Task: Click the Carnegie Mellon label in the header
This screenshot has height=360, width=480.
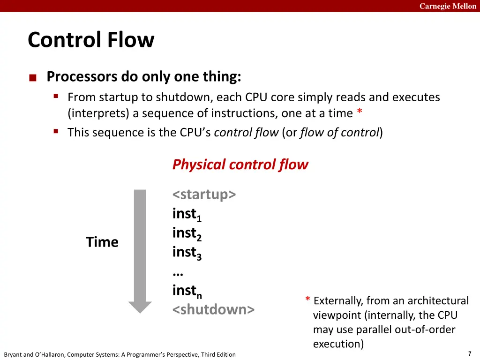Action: point(448,6)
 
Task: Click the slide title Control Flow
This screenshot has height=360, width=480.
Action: point(91,40)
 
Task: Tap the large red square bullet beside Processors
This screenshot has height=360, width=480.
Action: point(33,78)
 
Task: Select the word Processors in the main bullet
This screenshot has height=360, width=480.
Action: point(82,76)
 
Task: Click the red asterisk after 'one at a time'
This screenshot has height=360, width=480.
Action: point(360,111)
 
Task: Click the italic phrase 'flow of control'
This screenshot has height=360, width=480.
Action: point(340,133)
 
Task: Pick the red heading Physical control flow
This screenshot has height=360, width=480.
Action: point(240,165)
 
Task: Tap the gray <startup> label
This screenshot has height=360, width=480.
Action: point(204,195)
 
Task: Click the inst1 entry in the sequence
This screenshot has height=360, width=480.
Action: point(187,214)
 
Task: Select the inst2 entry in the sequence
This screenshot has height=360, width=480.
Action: point(187,233)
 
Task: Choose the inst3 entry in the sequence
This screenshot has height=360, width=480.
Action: point(187,253)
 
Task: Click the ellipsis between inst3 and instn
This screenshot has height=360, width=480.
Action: point(178,274)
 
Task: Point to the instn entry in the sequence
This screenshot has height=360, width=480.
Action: point(187,291)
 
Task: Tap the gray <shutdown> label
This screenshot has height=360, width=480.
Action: point(213,309)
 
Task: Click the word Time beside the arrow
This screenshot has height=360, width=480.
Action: point(102,242)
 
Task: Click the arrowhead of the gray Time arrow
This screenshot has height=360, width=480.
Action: point(140,307)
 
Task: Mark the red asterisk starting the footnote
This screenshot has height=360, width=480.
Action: point(307,299)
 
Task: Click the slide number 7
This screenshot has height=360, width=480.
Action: point(470,353)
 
